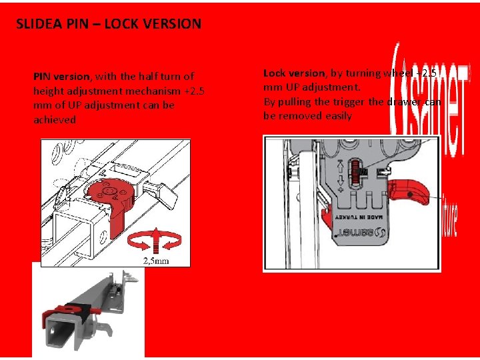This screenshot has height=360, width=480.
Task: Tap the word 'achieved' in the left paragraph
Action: (55, 120)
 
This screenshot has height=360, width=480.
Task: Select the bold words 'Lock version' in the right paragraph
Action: (293, 73)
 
